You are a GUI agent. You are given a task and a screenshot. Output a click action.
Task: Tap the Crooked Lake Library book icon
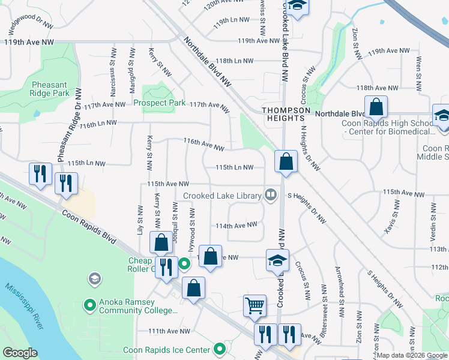tap(271, 194)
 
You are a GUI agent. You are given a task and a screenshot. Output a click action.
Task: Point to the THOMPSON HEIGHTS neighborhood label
tap(286, 114)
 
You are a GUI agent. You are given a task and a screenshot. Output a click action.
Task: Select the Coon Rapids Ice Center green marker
tap(220, 349)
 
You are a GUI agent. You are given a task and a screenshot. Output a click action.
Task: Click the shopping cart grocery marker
tap(254, 305)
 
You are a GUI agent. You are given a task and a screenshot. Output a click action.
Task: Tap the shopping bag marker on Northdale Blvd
tap(376, 107)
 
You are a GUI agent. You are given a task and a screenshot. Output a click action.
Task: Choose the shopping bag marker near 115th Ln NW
tap(286, 161)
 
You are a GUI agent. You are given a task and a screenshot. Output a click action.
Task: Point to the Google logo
tap(20, 353)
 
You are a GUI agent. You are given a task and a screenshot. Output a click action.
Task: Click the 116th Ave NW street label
tap(203, 145)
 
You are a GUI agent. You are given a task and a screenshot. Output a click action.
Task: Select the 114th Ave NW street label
tap(237, 225)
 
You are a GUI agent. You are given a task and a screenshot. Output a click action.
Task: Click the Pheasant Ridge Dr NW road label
tap(68, 136)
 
